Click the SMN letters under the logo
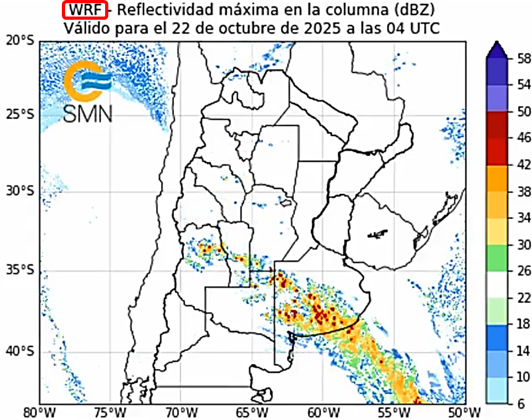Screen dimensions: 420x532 [x=88, y=113]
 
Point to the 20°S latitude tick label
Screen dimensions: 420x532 [x=20, y=41]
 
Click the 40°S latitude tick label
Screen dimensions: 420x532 [x=20, y=352]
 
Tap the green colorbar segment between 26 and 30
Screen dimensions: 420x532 [x=496, y=258]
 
